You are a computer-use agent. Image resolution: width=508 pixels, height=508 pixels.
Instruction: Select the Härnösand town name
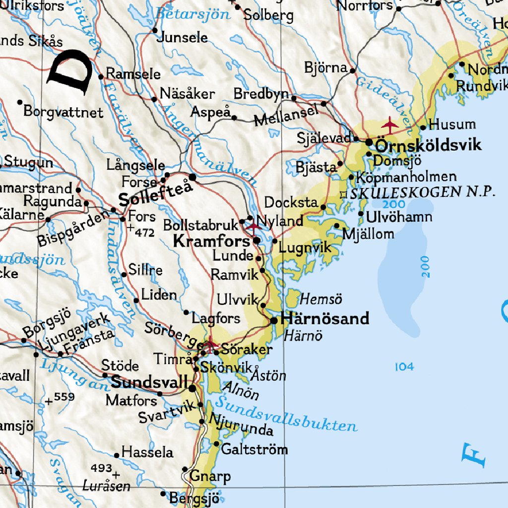pos(325,318)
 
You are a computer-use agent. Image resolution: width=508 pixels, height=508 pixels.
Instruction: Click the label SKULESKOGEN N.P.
pos(422,192)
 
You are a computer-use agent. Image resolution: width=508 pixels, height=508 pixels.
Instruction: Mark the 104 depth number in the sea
pos(404,367)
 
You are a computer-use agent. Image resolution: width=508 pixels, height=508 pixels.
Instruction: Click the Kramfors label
pos(211,242)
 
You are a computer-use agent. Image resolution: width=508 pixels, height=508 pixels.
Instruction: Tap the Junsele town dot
pos(155,30)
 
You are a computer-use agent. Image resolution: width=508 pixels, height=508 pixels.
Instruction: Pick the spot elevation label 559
pos(64,396)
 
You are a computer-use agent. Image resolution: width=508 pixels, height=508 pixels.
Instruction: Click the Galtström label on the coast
pos(254,449)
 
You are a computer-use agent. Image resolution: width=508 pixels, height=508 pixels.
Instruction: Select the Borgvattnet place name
pos(63,112)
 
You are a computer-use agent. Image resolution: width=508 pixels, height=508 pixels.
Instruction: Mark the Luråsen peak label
pos(106,485)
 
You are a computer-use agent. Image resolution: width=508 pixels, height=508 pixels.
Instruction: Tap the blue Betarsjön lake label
pos(193,13)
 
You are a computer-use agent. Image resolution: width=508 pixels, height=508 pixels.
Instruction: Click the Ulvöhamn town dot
pos(361,214)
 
